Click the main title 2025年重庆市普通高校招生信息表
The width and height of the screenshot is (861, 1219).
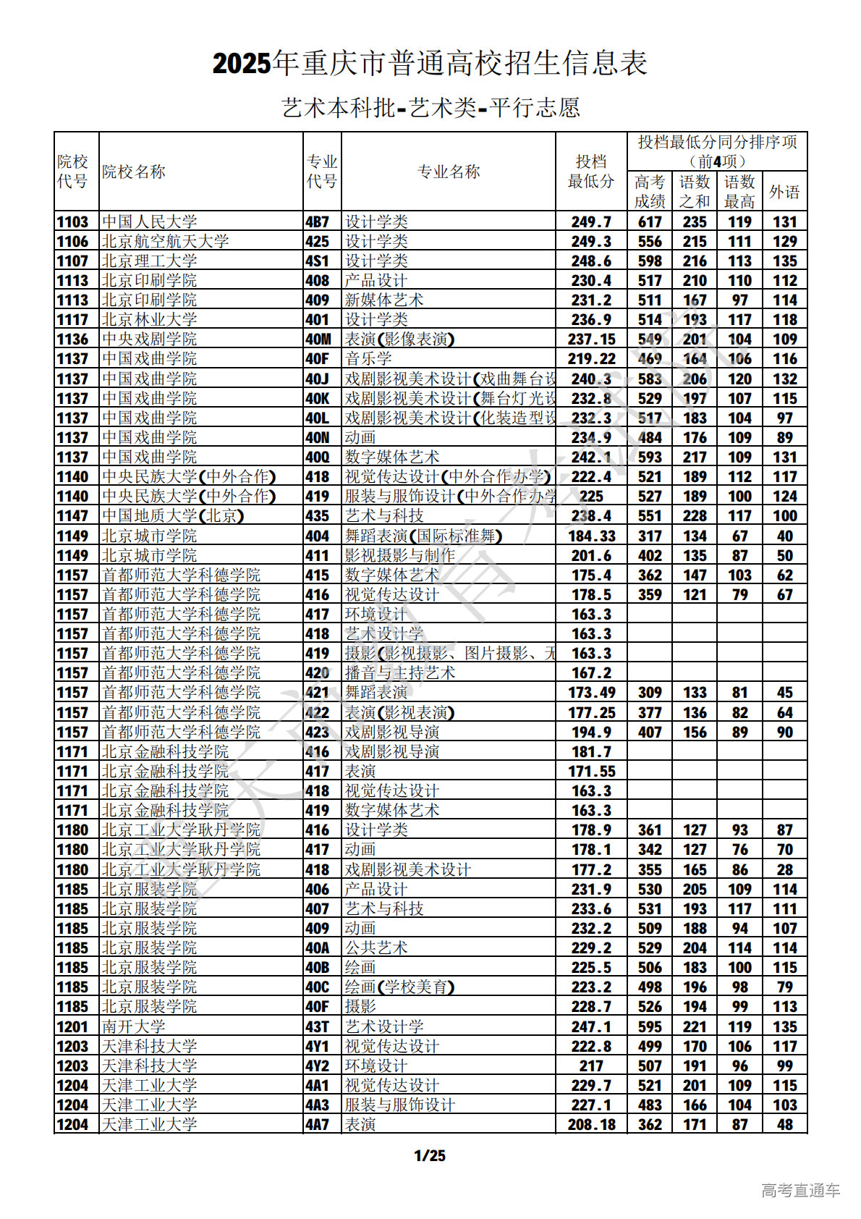(x=430, y=64)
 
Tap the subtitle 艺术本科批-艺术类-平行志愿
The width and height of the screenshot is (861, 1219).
(x=430, y=108)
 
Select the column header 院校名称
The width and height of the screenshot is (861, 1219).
(x=134, y=172)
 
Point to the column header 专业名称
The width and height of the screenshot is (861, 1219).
(x=449, y=172)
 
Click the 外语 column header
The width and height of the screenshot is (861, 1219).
(x=784, y=192)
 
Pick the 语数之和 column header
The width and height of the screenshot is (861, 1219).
(x=695, y=192)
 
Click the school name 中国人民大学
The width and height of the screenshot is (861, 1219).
(x=149, y=222)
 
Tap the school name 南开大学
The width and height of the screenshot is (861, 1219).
(x=134, y=1026)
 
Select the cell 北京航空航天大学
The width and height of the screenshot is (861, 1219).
(x=165, y=241)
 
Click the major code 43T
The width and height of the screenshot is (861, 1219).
(x=317, y=1026)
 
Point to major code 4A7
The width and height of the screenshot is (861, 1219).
(x=317, y=1124)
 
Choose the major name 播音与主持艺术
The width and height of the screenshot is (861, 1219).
(x=400, y=672)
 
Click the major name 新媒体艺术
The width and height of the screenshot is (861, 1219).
(x=384, y=300)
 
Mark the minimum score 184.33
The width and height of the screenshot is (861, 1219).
(x=591, y=536)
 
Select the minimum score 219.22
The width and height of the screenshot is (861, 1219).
(x=591, y=358)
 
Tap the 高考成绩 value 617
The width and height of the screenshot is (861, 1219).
(x=650, y=222)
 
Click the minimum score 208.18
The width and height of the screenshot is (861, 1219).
(x=591, y=1124)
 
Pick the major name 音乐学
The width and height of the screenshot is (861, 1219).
(x=368, y=358)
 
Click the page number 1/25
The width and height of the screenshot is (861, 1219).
(x=430, y=1155)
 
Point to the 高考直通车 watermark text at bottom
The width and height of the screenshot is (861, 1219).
(x=800, y=1190)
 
